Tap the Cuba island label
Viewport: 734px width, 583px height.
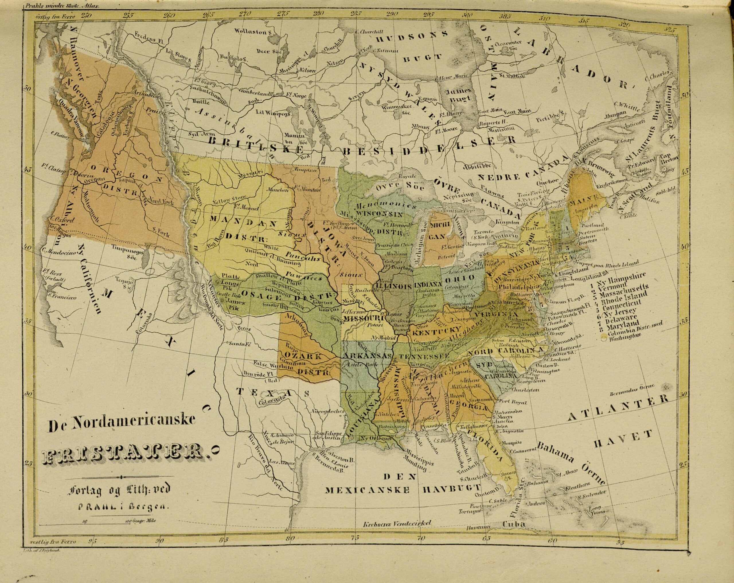click(x=514, y=533)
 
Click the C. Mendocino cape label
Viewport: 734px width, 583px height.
click(x=56, y=251)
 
